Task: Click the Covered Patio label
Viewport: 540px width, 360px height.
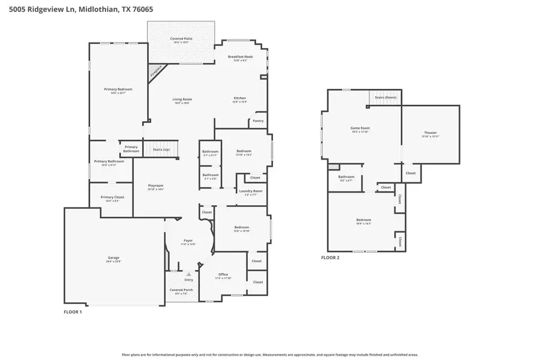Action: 181,40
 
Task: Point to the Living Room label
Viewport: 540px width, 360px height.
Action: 182,101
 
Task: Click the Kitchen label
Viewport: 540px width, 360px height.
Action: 239,100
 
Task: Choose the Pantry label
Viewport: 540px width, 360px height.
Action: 258,121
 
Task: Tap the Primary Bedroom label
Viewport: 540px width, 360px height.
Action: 118,91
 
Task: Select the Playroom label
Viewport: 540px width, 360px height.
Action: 156,187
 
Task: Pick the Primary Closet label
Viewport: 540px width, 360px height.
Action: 112,199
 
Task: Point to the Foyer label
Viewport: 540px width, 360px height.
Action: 188,242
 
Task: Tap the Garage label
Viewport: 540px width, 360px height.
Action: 113,259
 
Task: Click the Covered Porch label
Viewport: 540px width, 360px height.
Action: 181,291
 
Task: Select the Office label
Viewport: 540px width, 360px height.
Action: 223,276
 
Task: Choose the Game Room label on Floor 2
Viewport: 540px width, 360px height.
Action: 360,130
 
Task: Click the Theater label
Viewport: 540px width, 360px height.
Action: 430,134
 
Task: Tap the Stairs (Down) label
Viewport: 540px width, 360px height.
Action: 386,97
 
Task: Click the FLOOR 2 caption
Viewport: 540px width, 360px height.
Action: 330,257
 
